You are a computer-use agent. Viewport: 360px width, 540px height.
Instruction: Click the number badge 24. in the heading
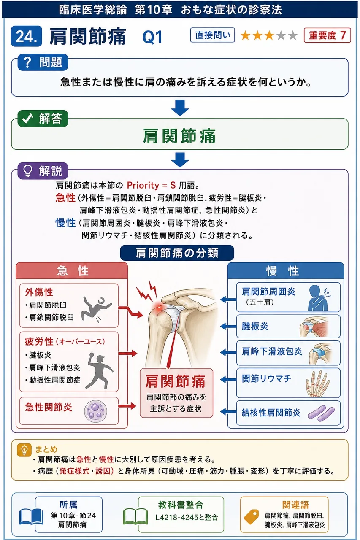point(27,36)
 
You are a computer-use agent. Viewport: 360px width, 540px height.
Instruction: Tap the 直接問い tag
point(212,35)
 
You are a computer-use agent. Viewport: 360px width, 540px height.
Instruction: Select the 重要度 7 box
point(327,35)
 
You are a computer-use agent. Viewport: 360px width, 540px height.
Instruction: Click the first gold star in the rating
point(246,35)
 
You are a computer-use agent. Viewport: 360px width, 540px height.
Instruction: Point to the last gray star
point(293,35)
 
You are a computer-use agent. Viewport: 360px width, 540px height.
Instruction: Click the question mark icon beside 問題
point(28,62)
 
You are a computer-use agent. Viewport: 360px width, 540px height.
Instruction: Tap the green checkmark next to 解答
point(27,118)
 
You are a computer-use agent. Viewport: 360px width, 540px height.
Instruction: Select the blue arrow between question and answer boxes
point(180,108)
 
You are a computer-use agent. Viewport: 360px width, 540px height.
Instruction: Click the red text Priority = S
point(151,185)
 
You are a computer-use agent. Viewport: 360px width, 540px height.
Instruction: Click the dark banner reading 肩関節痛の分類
point(177,253)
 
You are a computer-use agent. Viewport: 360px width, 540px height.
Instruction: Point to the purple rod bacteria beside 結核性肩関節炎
point(321,413)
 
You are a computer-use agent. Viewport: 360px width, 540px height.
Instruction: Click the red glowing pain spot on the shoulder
point(159,307)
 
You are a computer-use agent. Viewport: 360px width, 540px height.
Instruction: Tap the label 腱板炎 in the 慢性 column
point(255,327)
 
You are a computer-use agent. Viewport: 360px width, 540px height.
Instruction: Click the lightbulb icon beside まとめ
point(24,450)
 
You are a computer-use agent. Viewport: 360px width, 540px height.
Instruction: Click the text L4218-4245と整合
point(187,517)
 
